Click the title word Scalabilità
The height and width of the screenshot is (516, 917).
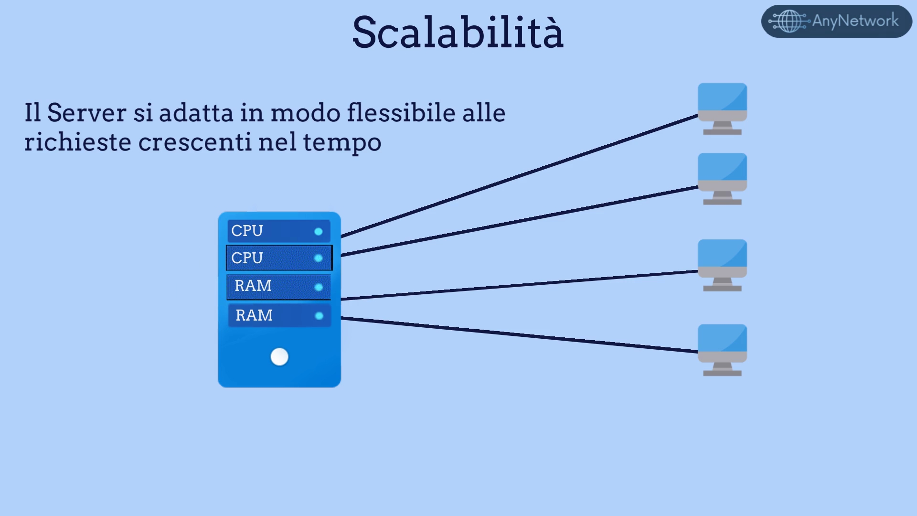tap(458, 32)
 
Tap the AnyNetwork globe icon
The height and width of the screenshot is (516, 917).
tap(789, 21)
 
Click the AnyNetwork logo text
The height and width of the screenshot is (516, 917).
tap(855, 21)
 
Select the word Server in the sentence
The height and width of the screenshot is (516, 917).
tap(87, 113)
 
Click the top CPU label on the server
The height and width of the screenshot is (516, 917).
tap(247, 231)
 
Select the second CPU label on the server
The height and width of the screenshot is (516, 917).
tap(247, 258)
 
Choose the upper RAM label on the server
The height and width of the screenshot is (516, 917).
tap(253, 286)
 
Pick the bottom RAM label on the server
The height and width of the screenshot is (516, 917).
tap(254, 315)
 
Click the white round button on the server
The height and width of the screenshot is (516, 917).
tap(279, 356)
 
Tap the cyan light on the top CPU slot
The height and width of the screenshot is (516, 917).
tap(319, 232)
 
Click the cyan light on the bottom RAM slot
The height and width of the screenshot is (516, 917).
tap(319, 316)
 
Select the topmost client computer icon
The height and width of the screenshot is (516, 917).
tap(722, 109)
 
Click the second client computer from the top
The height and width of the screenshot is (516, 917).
tap(722, 179)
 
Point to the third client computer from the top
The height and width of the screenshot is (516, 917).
tap(722, 265)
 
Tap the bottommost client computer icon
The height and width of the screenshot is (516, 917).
tap(722, 350)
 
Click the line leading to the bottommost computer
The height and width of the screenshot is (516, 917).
tap(520, 335)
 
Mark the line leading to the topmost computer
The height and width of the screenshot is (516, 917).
tap(520, 176)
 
